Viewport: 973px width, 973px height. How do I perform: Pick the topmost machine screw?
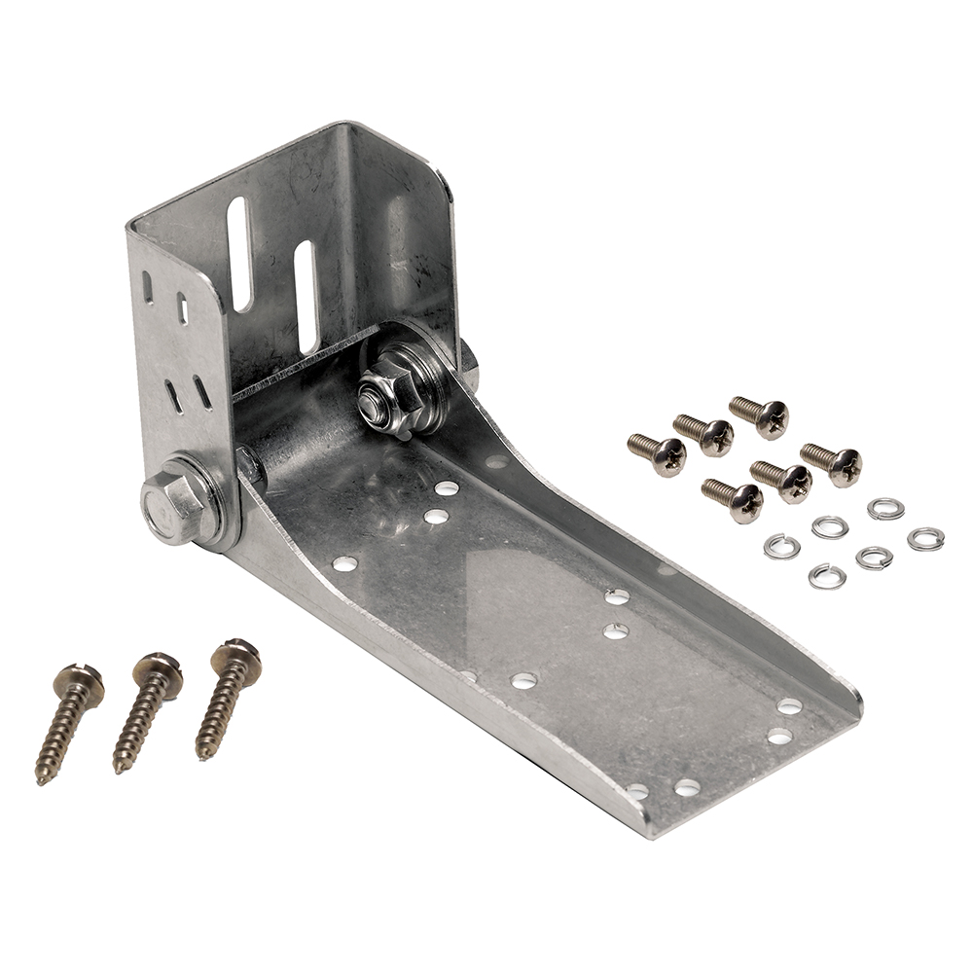pos(760,414)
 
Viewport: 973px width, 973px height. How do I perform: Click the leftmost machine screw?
pos(657,453)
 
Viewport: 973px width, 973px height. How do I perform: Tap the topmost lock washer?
pos(885,508)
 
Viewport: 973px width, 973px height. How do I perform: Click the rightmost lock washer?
pos(925,538)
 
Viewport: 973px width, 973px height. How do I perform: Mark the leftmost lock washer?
pos(781,546)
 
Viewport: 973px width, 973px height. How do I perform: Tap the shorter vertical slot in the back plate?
pos(305,296)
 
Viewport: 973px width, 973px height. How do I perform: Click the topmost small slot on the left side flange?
pos(148,287)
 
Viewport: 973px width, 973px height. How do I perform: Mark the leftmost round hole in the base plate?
pos(344,562)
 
